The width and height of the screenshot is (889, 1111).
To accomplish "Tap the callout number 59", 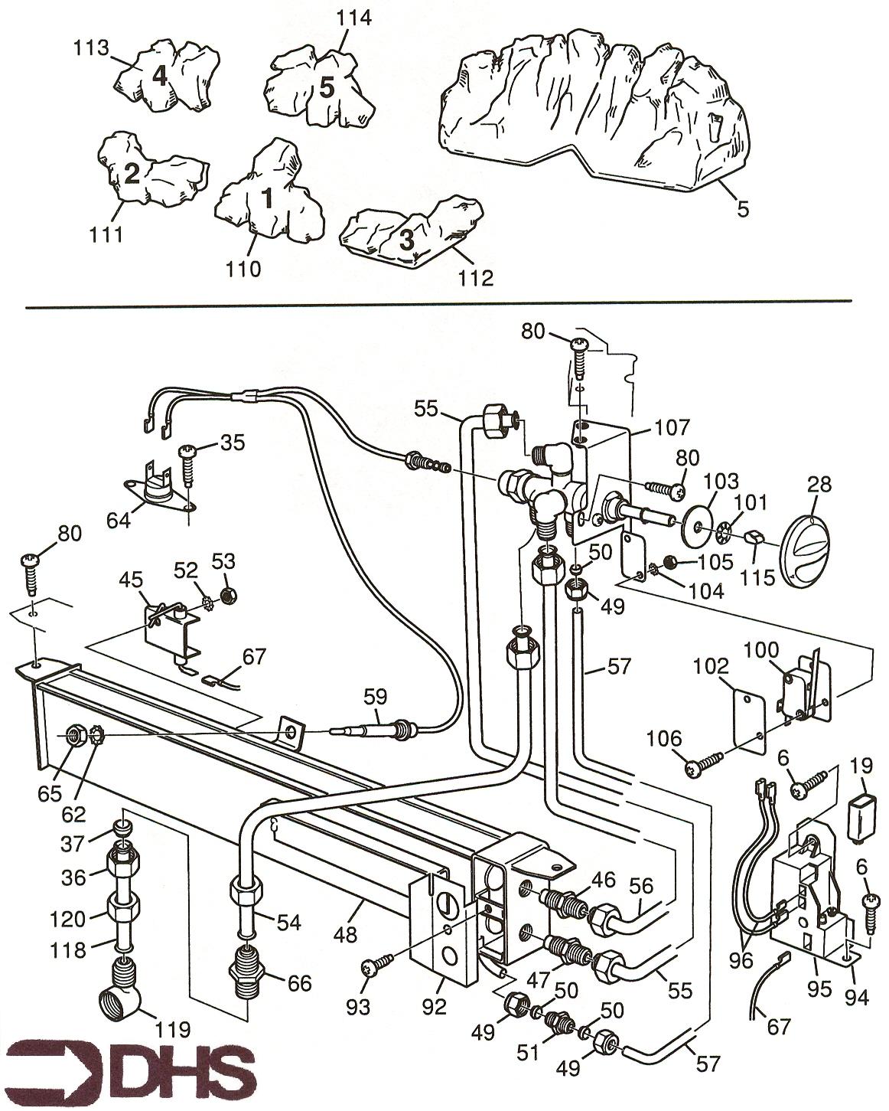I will tap(376, 696).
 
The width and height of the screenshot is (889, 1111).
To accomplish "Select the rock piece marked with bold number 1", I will tap(268, 195).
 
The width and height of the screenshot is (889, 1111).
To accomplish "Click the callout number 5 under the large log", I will tap(743, 207).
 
